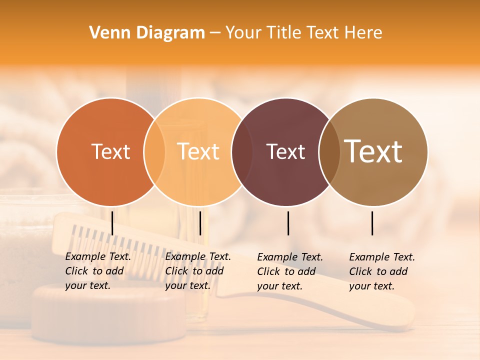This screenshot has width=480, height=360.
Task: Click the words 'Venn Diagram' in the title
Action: [147, 33]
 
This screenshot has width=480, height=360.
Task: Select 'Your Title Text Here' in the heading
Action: [303, 33]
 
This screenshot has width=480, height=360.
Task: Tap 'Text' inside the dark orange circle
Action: [110, 151]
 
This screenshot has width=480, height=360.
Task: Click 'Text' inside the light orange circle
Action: [198, 151]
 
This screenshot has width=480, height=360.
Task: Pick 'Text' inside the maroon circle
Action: [285, 151]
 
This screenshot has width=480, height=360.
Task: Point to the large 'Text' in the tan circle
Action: [373, 151]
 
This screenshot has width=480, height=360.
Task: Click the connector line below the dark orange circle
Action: [112, 223]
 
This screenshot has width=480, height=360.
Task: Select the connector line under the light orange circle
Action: [200, 223]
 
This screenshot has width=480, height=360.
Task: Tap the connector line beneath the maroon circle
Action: [288, 223]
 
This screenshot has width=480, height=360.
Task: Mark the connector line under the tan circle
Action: [372, 223]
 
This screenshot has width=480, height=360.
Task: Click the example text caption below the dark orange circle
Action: [98, 271]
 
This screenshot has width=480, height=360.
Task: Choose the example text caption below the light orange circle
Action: [198, 271]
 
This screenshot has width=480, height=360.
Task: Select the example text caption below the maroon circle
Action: [290, 271]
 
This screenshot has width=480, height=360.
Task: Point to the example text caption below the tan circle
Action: [382, 271]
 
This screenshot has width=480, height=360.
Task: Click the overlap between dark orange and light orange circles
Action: [154, 151]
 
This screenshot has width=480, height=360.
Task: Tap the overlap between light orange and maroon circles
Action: [238, 151]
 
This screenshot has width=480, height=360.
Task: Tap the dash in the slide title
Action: [215, 33]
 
